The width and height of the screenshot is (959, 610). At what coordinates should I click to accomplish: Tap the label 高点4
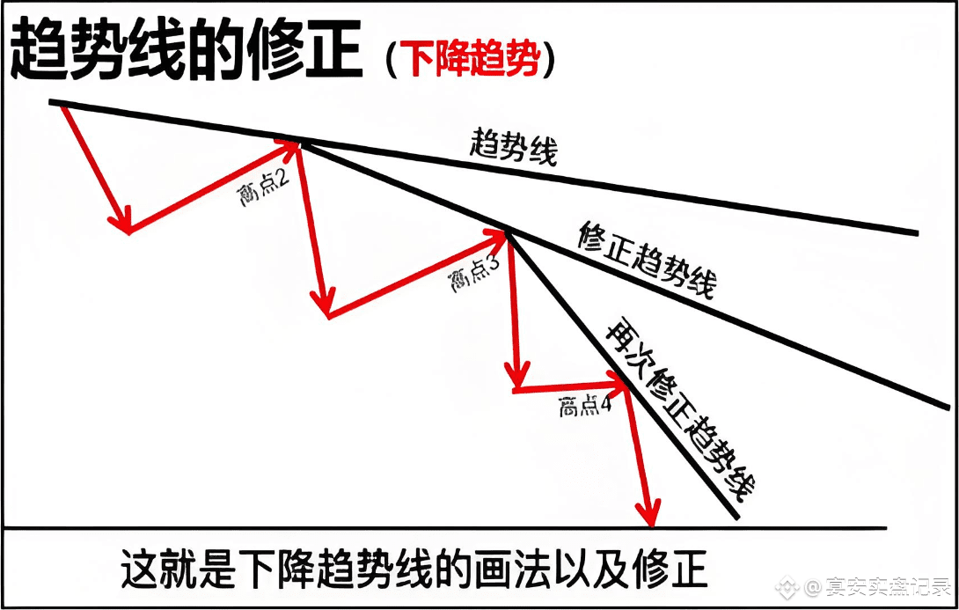584,407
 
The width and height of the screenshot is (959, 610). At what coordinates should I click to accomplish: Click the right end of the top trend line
916,233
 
